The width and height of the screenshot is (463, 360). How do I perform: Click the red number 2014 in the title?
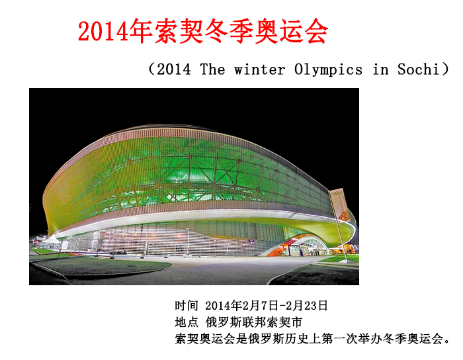(x=104, y=31)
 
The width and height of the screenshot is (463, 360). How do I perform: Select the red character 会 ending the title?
(x=316, y=31)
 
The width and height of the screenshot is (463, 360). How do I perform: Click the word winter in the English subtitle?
(x=259, y=69)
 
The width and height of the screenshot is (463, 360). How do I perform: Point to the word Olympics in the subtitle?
(x=328, y=69)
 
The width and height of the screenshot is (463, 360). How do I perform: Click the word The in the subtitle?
(x=212, y=69)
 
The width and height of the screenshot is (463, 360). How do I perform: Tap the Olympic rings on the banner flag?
(x=336, y=193)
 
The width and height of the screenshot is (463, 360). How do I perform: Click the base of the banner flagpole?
(x=345, y=261)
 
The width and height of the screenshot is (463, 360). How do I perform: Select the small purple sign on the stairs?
(x=251, y=241)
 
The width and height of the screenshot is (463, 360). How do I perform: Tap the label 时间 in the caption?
(x=187, y=305)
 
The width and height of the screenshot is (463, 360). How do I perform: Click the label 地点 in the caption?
(x=187, y=322)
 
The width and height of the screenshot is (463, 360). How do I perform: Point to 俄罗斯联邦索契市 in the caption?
(x=254, y=322)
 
